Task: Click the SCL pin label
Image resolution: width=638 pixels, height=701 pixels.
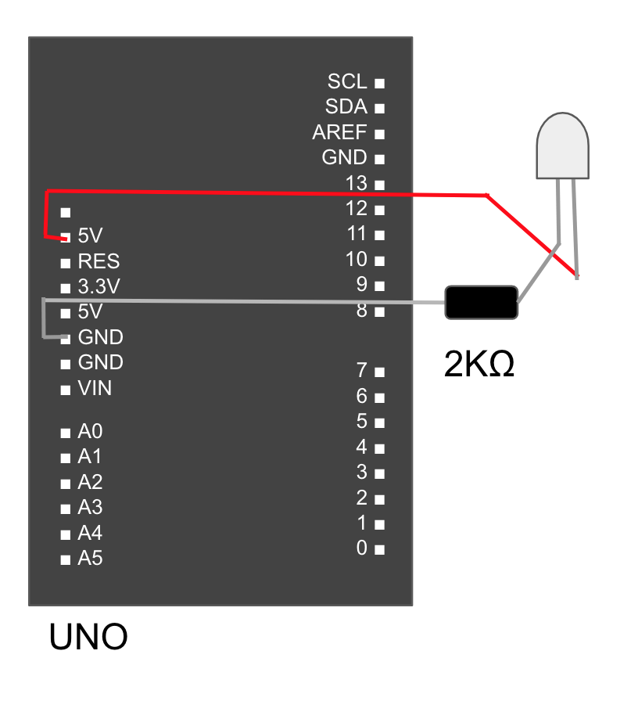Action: (x=347, y=81)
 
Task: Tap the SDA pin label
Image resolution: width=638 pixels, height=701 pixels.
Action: (x=346, y=107)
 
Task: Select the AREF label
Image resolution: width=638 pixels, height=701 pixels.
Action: (x=339, y=132)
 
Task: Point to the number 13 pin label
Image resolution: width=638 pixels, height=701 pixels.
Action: (x=356, y=183)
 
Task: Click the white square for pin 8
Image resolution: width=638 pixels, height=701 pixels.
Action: (x=379, y=311)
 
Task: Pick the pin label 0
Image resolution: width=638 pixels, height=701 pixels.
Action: (x=361, y=548)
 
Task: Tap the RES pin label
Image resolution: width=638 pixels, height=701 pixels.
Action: (x=99, y=261)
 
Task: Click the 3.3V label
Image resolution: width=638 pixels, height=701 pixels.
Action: (x=99, y=286)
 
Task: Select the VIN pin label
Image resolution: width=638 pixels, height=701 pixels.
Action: (x=95, y=388)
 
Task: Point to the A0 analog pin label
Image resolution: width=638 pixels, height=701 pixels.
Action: (x=90, y=431)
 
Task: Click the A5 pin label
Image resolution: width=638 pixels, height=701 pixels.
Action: (x=90, y=559)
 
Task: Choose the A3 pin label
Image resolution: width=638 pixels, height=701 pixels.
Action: (x=90, y=507)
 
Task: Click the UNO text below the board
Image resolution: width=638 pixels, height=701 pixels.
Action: (x=88, y=638)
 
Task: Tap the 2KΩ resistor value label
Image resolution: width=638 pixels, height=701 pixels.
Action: (x=478, y=365)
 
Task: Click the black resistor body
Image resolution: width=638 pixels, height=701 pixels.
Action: (x=481, y=302)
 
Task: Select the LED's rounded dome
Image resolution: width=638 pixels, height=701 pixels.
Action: (x=562, y=145)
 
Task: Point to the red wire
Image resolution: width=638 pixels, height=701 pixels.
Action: (x=266, y=193)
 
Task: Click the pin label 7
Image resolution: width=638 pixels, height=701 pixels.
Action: (x=361, y=369)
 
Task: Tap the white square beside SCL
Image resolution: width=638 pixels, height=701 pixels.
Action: (x=379, y=82)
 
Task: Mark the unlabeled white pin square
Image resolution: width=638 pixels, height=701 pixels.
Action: (x=66, y=212)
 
